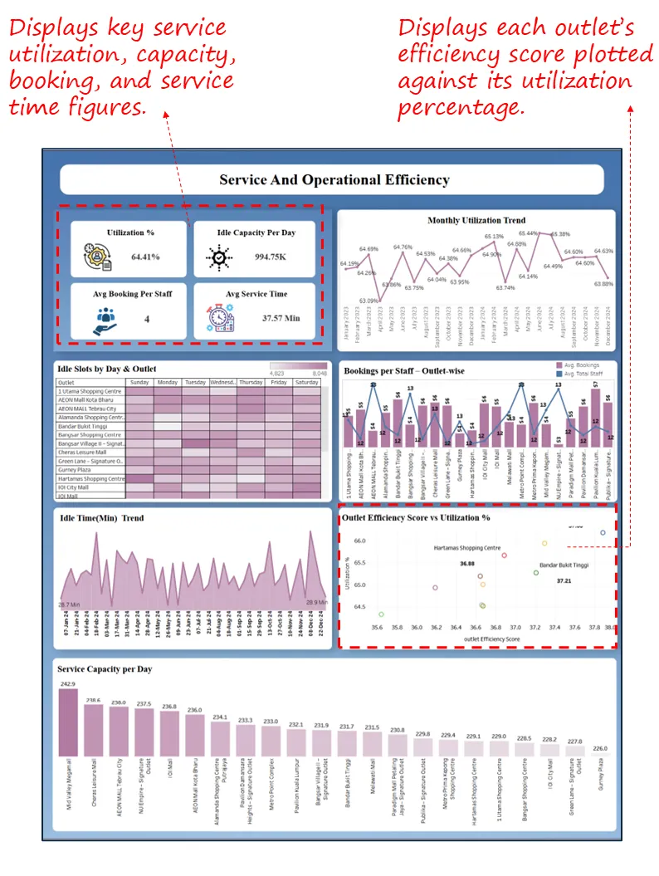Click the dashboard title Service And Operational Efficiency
(x=334, y=179)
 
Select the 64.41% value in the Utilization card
(x=145, y=257)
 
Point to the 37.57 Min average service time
(x=281, y=318)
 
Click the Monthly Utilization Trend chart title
(x=476, y=221)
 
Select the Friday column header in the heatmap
(x=278, y=382)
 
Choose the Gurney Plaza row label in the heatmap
(x=74, y=470)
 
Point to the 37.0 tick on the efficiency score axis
(x=515, y=628)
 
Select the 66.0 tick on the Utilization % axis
(x=359, y=541)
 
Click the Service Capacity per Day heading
(x=105, y=669)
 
